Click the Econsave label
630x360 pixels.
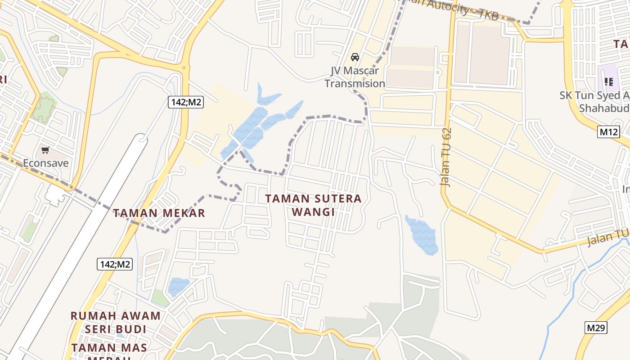coord(46,163)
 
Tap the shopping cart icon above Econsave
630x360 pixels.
coord(45,150)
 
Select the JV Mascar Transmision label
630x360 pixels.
coord(355,77)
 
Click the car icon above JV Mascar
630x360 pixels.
coord(355,57)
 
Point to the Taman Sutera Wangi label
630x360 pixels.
coord(313,205)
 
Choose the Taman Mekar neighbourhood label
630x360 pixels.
coord(159,213)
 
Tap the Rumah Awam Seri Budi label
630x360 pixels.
coord(116,322)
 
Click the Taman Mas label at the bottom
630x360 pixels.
coord(109,348)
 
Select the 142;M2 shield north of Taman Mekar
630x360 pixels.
coord(186,102)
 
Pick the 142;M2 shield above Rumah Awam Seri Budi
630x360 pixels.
coord(115,264)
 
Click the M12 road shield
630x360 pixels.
coord(609,132)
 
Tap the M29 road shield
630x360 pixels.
coord(597,328)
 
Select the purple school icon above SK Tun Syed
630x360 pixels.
coord(608,81)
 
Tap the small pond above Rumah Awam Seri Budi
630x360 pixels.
coord(178,286)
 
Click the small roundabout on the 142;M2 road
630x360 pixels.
coord(184,68)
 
